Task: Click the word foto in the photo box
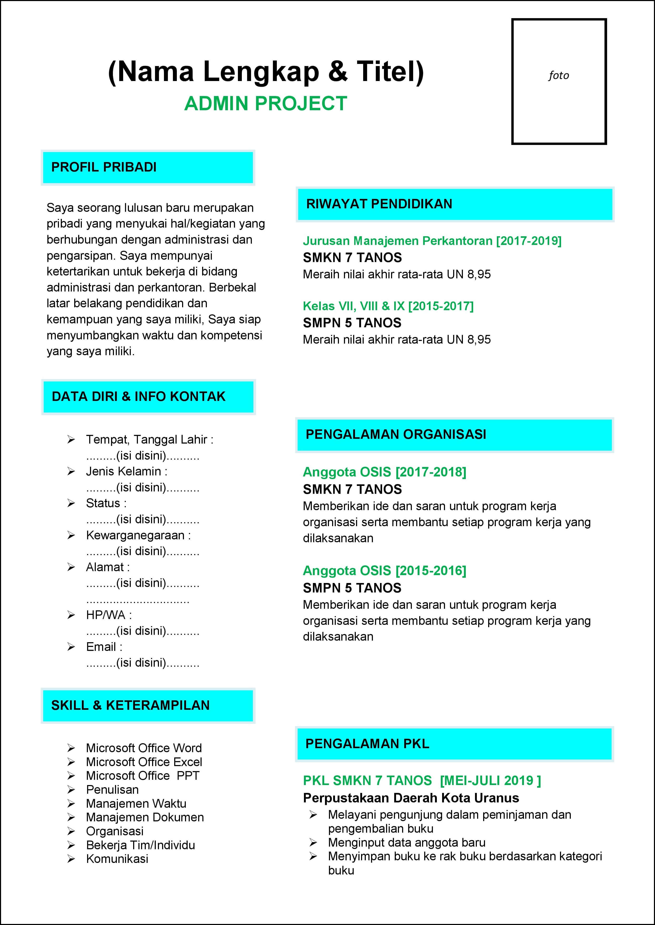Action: pos(559,76)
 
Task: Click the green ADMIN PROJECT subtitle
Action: pos(265,104)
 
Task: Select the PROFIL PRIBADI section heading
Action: pos(104,167)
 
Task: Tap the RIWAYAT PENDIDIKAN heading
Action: pos(379,204)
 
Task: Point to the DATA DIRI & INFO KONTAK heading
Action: pos(138,396)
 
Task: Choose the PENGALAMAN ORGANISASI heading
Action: pos(396,434)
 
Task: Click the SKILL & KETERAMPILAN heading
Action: pos(130,705)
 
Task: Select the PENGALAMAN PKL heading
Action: pos(367,743)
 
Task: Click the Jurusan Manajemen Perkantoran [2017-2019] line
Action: pos(432,241)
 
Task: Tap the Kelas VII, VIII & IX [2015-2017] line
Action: pos(388,306)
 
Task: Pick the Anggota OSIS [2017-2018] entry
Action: pos(384,472)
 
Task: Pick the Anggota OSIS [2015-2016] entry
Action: pos(384,571)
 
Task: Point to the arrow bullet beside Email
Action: pos(71,647)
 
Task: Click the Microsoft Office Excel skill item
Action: pos(144,762)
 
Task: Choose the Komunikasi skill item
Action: pos(117,859)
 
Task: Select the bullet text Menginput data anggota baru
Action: pos(407,842)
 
